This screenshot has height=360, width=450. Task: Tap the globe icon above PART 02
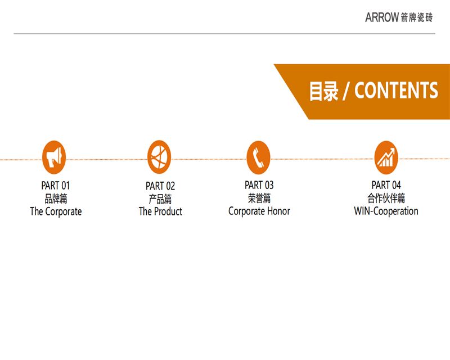(159, 157)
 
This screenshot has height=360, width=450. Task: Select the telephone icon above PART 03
(259, 157)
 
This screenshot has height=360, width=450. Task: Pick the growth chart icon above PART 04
(386, 157)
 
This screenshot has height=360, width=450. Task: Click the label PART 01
(56, 186)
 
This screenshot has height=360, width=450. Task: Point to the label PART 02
(160, 186)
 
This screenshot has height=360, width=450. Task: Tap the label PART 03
(259, 185)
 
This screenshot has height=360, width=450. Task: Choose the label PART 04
(386, 185)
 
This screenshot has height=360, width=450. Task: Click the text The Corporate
(56, 211)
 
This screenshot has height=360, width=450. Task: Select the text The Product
(160, 211)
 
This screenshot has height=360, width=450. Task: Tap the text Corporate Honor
(259, 211)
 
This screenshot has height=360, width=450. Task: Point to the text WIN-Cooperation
(386, 211)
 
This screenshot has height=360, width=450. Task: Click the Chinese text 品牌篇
(56, 199)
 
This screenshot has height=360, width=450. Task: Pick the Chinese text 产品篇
(160, 199)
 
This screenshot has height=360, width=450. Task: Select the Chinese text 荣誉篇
(259, 198)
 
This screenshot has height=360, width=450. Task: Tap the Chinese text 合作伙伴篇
(386, 198)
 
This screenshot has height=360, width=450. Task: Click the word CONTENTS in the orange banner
(397, 91)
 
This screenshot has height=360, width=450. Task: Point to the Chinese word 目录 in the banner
(324, 91)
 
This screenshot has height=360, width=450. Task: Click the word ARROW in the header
(382, 17)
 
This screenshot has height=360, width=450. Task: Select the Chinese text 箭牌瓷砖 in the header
(417, 17)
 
